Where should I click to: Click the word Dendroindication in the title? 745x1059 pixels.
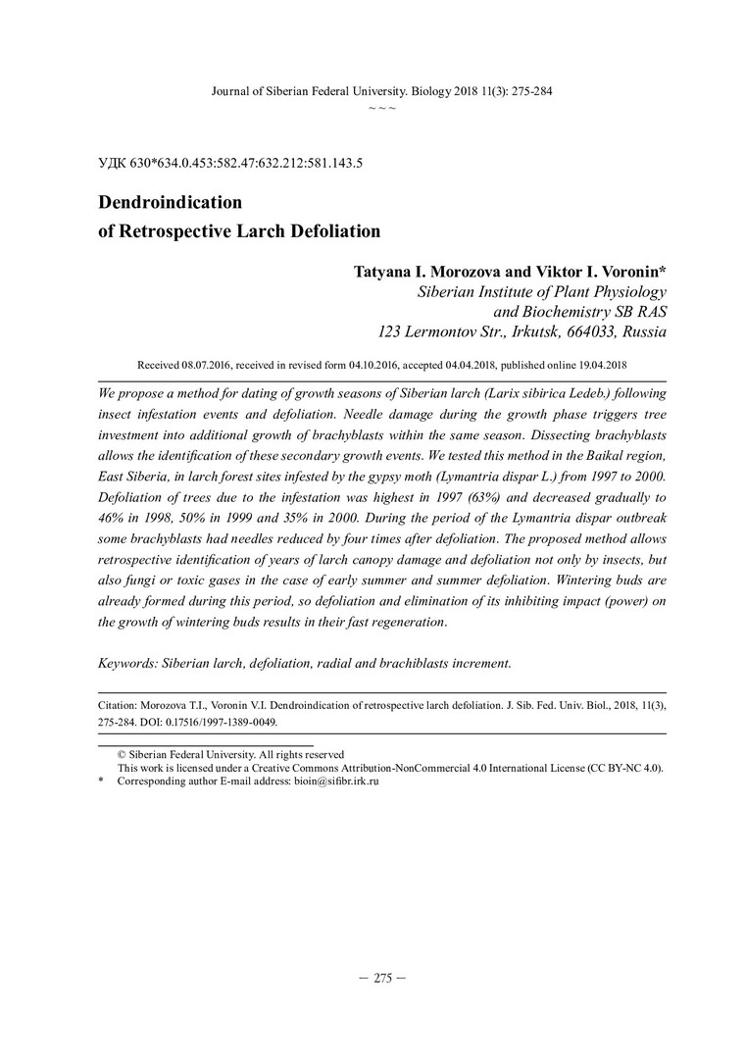coord(171,203)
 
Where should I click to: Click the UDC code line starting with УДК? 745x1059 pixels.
coord(231,163)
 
